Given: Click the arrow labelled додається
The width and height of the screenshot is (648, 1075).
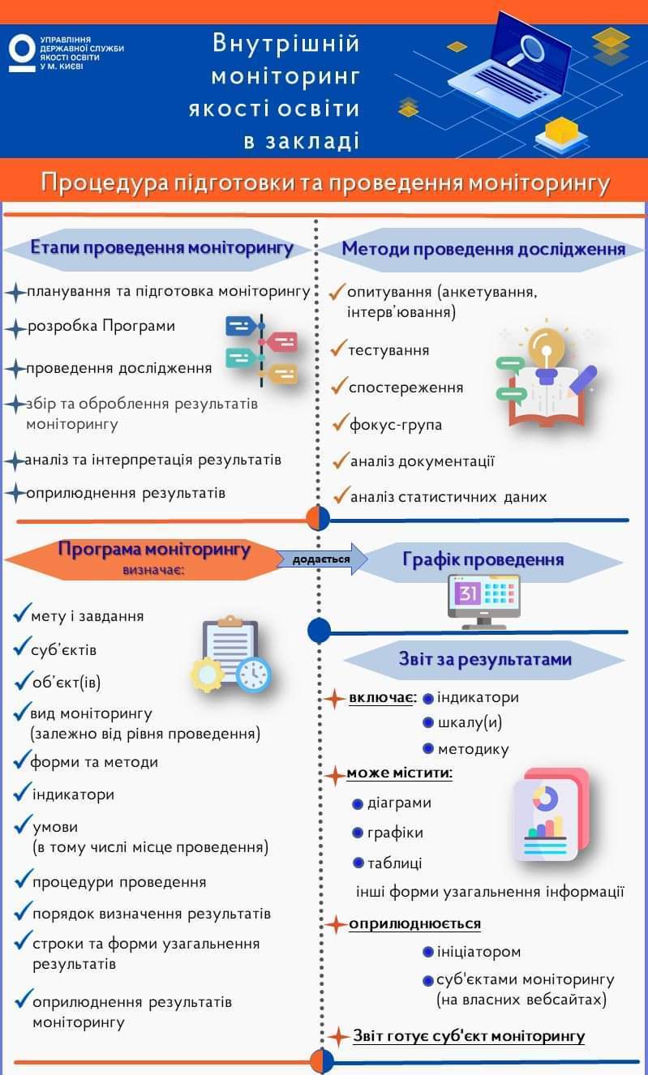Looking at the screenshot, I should point(323,559).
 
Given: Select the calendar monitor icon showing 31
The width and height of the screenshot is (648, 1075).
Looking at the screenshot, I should point(485,602).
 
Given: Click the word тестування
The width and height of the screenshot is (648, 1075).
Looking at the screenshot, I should point(388,350).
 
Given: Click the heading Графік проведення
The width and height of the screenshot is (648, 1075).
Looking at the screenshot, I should point(483,559).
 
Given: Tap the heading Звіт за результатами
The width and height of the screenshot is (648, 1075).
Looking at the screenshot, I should point(485,659).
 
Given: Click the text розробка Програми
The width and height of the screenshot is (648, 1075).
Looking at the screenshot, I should point(101,327).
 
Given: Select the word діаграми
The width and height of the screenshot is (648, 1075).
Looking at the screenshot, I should point(399,803).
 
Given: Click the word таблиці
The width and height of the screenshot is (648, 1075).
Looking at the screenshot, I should point(394,863).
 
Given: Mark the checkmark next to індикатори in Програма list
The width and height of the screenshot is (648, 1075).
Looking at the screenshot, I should point(22,792).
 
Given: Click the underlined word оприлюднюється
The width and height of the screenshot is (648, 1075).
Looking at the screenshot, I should point(414,923).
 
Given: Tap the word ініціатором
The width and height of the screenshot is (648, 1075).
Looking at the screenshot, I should point(478,952).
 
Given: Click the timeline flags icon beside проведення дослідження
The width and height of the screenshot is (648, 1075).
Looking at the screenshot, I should point(261,349).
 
